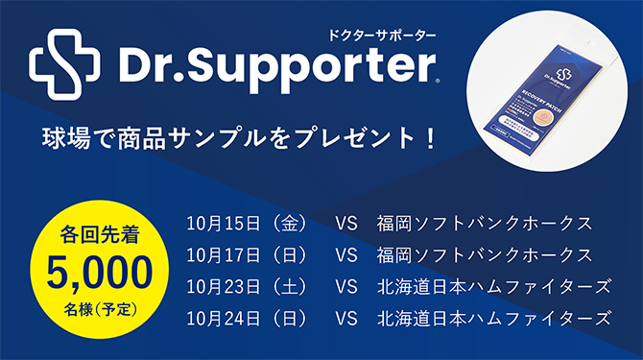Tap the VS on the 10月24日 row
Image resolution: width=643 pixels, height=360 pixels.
pos(346,319)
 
